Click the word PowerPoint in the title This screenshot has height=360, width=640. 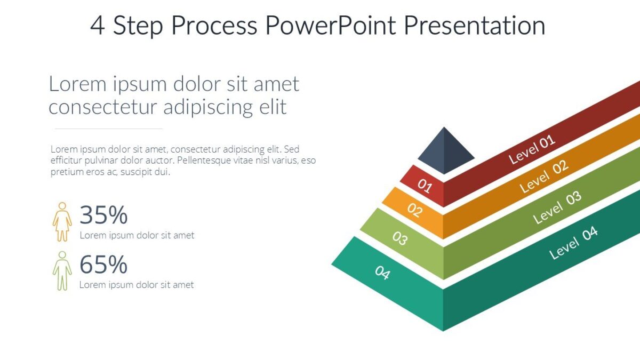pos(330,26)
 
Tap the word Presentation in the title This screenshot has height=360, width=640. pos(474,26)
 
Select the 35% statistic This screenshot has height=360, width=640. pos(103,215)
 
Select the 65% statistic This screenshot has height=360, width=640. pos(103,265)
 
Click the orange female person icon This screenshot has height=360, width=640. pos(62,221)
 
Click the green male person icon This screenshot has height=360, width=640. pos(62,271)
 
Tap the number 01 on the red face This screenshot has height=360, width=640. pos(425,185)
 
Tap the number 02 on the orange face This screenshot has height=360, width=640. pos(414,210)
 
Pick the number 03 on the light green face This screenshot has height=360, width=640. pos(399,237)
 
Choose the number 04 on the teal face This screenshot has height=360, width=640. pos(382,273)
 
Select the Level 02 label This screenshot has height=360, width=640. pos(544,177)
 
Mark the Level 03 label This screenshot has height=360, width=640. pos(557,207)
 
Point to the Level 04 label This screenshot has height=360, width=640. pos(573,242)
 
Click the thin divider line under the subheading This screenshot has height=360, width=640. pos(109,129)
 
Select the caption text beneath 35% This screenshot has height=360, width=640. pos(137,235)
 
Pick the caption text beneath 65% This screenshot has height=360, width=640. pos(137,285)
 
